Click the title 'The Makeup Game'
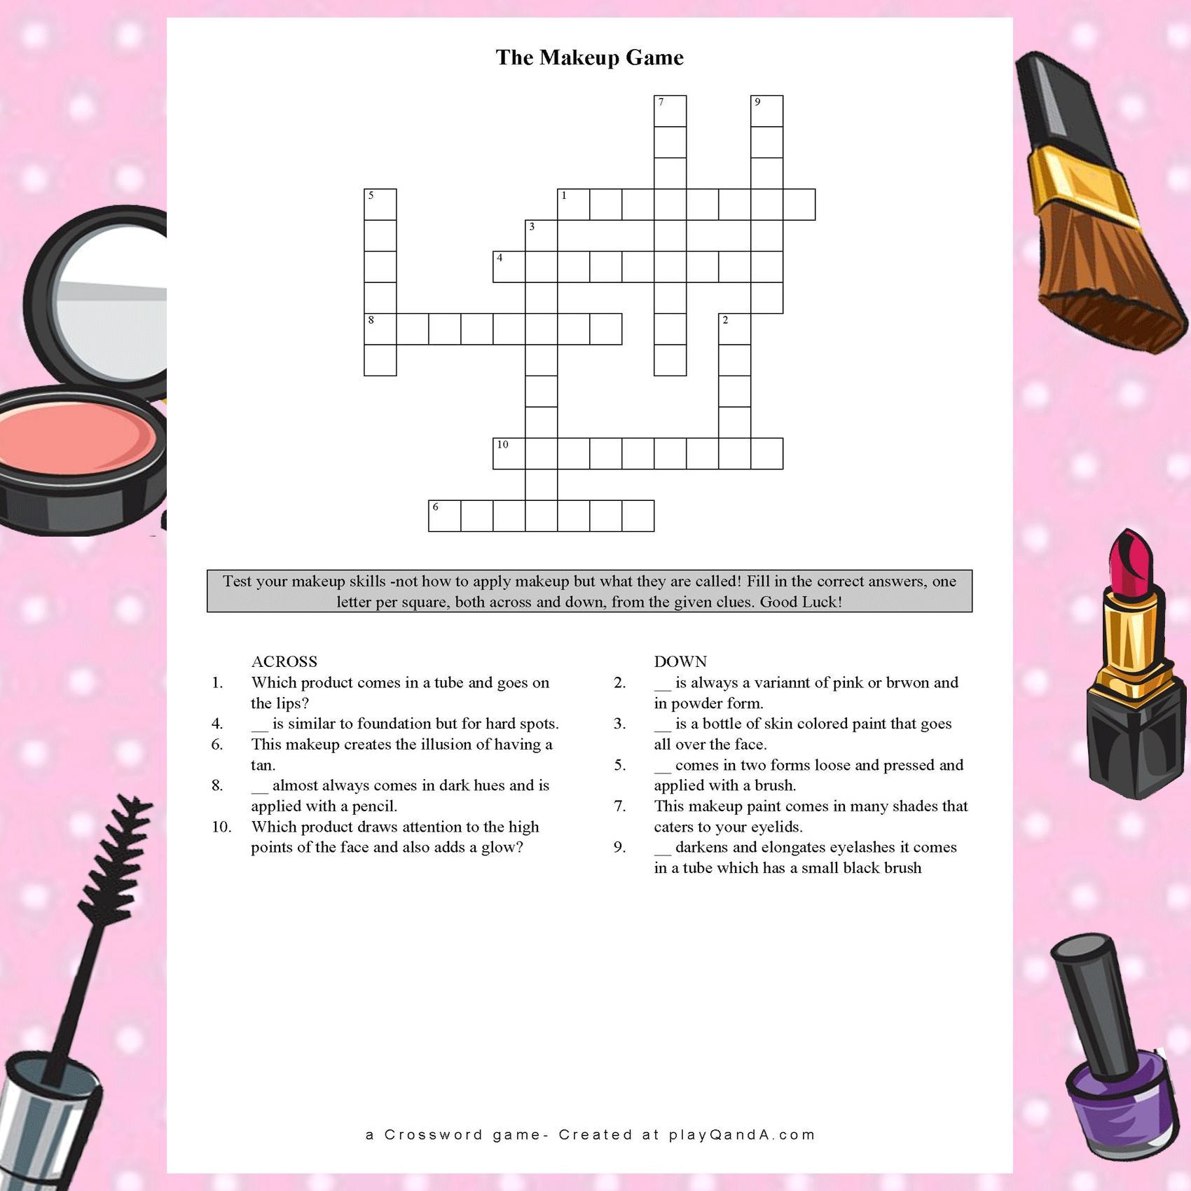(589, 57)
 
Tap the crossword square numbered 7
(670, 111)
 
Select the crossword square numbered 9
(766, 111)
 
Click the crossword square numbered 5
(380, 205)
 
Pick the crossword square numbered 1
(574, 205)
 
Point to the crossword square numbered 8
(380, 329)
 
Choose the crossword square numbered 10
(509, 453)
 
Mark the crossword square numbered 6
(445, 516)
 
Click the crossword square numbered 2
(735, 329)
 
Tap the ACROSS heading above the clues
(284, 661)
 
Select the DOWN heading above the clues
(680, 661)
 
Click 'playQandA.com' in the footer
(742, 1134)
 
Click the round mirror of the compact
(112, 301)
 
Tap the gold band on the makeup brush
(1079, 186)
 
